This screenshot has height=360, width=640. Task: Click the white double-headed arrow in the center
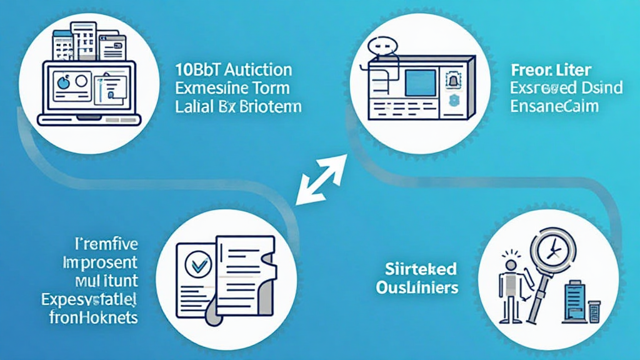321,180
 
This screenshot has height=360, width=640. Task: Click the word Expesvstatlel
90,297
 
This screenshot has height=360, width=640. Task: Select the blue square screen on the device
421,82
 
